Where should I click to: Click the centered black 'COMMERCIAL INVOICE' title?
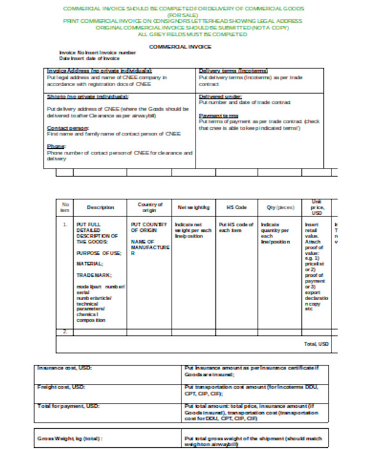click(181, 47)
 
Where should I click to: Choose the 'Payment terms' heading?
click(218, 116)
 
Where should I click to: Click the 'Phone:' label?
click(56, 146)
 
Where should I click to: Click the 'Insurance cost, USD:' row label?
click(65, 368)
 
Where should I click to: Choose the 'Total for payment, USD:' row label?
click(68, 406)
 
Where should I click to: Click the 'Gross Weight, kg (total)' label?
click(72, 438)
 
